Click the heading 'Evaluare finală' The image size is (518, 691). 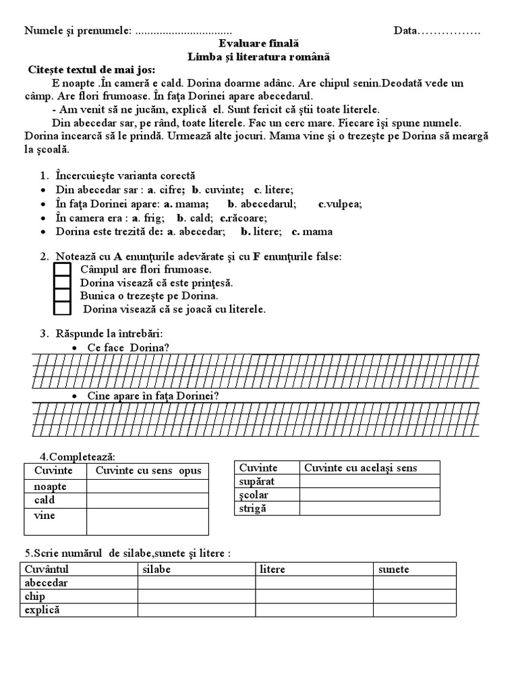(258, 44)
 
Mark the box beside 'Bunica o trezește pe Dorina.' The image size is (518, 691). (62, 296)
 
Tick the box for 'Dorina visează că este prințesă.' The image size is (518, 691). (62, 283)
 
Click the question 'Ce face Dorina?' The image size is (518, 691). (128, 348)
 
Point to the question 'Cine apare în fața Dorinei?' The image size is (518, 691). (153, 396)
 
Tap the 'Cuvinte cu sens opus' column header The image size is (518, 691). (148, 470)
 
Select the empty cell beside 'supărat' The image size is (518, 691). (369, 482)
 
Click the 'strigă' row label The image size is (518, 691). (253, 508)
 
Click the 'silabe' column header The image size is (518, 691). (156, 569)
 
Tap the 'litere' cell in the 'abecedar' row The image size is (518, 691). (314, 583)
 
